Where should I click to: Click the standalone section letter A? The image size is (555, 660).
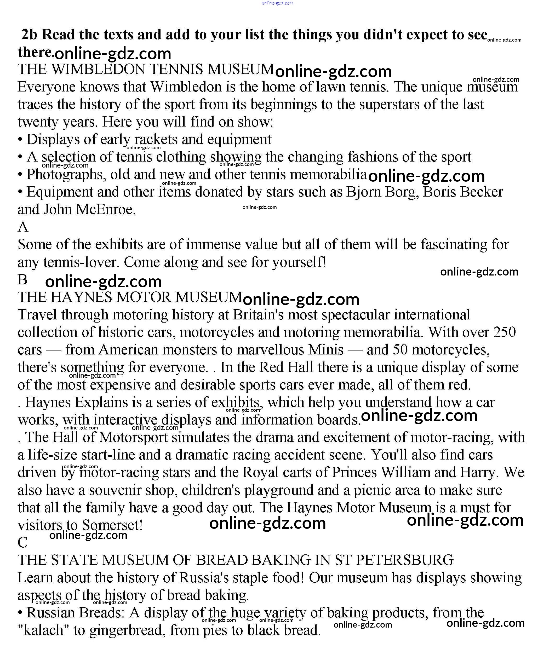pyautogui.click(x=23, y=227)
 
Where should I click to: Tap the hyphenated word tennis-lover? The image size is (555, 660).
pyautogui.click(x=80, y=262)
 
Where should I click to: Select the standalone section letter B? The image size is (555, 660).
pyautogui.click(x=23, y=279)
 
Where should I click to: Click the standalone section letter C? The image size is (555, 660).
pyautogui.click(x=23, y=542)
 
